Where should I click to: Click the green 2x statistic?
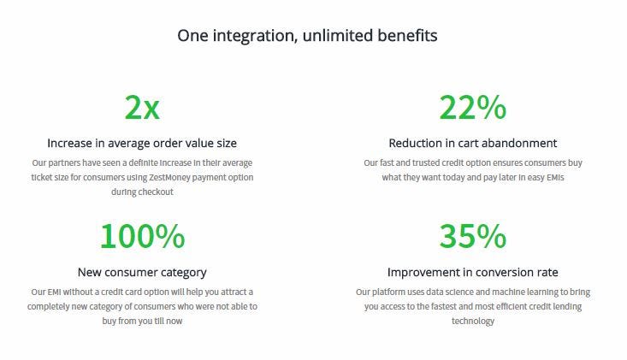pyautogui.click(x=142, y=107)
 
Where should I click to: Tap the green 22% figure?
pyautogui.click(x=473, y=107)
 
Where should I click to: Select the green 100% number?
pyautogui.click(x=142, y=236)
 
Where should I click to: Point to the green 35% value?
pyautogui.click(x=473, y=236)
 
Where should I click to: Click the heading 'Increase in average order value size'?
pyautogui.click(x=142, y=143)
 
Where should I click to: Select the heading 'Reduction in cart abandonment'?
pyautogui.click(x=473, y=143)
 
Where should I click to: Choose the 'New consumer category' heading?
pyautogui.click(x=142, y=273)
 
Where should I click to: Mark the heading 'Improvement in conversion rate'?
pyautogui.click(x=473, y=273)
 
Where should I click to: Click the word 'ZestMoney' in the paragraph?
pyautogui.click(x=169, y=177)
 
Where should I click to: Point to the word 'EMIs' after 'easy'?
pyautogui.click(x=555, y=177)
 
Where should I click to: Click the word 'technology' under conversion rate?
pyautogui.click(x=473, y=322)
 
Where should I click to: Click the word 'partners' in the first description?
pyautogui.click(x=64, y=163)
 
